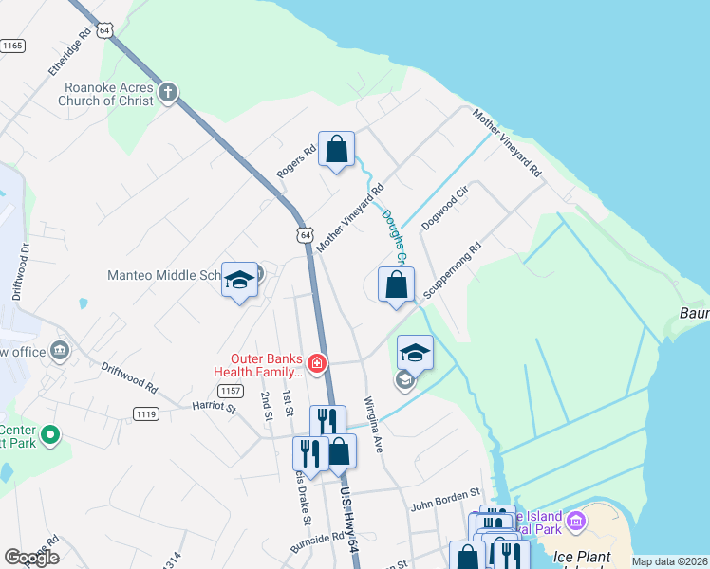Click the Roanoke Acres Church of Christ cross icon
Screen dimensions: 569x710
[168, 92]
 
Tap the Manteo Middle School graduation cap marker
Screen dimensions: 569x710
[239, 280]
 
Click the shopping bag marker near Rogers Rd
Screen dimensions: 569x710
[336, 150]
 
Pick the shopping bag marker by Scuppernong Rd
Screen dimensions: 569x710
[396, 284]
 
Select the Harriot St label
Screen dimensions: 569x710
[213, 407]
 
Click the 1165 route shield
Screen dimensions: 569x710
[12, 45]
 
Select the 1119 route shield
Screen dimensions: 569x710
[146, 413]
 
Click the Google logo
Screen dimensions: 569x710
[31, 558]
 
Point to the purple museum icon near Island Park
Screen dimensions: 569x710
[576, 520]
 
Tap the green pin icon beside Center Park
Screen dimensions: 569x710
[51, 437]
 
